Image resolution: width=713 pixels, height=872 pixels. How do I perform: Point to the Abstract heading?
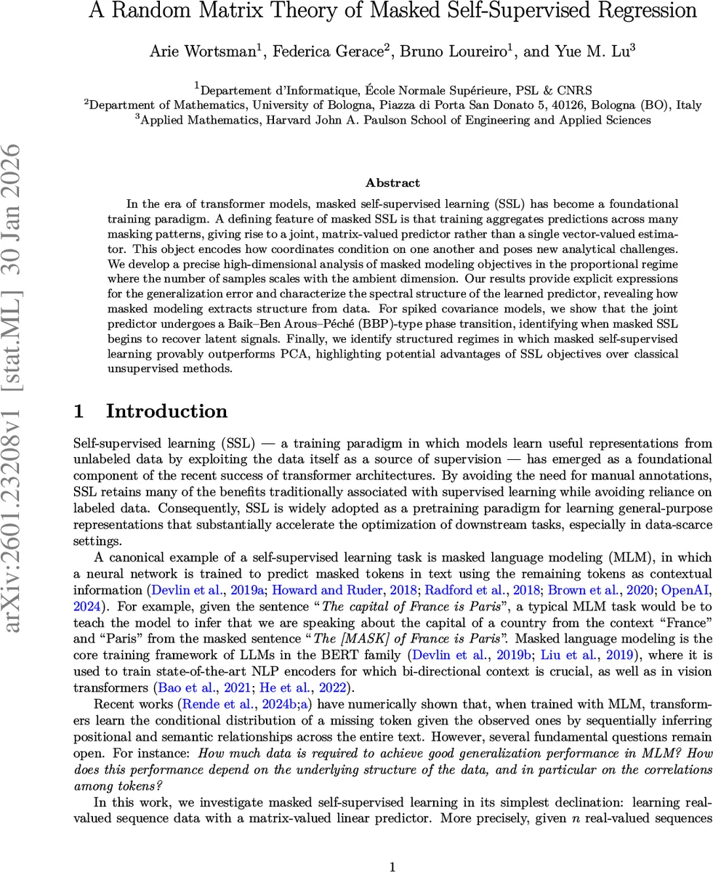pos(392,183)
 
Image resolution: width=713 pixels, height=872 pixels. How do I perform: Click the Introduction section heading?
pos(166,411)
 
